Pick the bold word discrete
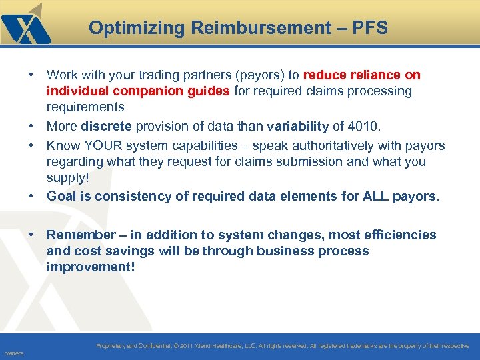point(105,127)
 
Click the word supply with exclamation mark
point(67,178)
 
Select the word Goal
point(61,196)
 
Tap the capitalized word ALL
point(366,196)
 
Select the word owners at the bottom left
point(13,353)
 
